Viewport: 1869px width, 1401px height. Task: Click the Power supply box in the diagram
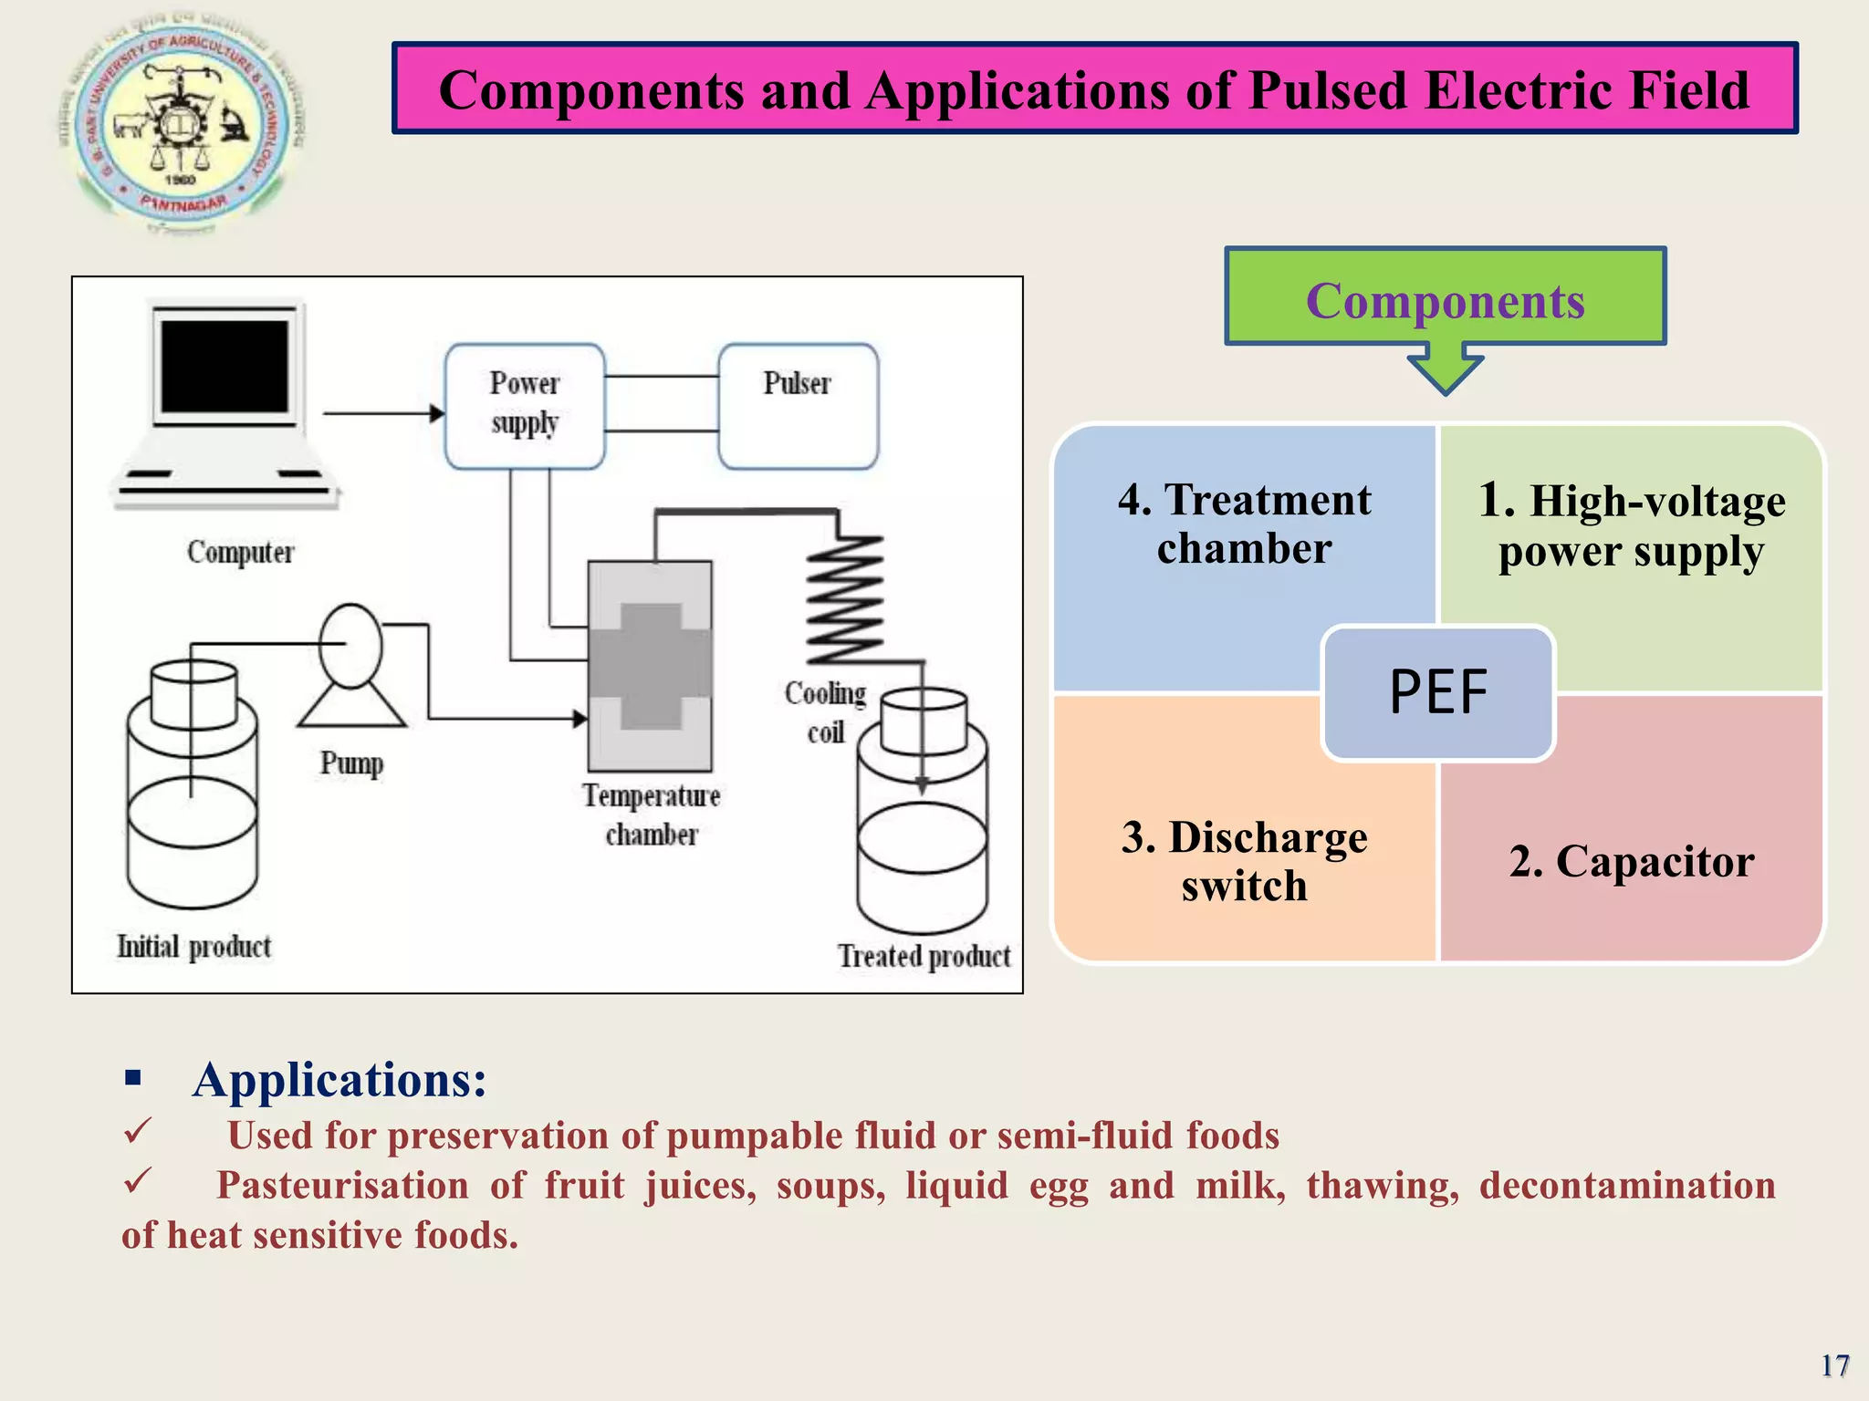[x=525, y=406]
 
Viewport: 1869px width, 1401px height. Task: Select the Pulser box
[x=798, y=406]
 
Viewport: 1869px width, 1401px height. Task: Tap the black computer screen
[x=224, y=366]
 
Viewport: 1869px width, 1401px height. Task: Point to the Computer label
[x=241, y=553]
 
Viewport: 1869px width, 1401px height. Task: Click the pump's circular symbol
[x=351, y=645]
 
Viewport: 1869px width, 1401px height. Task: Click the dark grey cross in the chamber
[x=651, y=666]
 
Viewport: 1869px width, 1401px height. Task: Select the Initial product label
[x=194, y=947]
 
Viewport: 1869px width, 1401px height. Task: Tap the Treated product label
[x=924, y=956]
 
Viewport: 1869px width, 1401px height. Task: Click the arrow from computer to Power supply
[x=383, y=413]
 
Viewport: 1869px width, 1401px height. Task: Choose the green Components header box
[x=1445, y=296]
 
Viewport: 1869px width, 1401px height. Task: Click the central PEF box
[x=1437, y=692]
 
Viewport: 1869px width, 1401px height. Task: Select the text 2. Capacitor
[x=1631, y=861]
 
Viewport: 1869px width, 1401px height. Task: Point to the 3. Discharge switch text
[x=1244, y=861]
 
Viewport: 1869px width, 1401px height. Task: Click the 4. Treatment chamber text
[x=1244, y=524]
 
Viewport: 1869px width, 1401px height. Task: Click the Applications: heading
[x=339, y=1080]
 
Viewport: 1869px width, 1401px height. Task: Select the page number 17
[x=1834, y=1365]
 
